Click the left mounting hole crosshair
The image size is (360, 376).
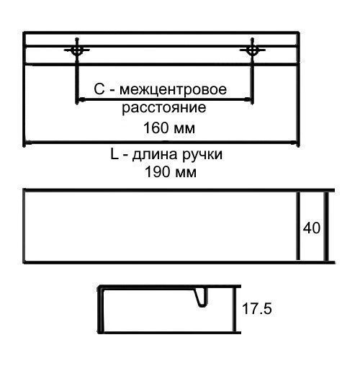(77, 50)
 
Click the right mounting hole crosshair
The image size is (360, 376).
(252, 50)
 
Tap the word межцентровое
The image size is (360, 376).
(173, 89)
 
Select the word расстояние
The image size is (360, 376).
(164, 108)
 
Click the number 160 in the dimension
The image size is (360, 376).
(156, 127)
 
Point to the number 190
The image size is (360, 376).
(157, 172)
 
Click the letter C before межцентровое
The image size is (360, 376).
(99, 89)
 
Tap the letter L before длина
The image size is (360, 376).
(114, 154)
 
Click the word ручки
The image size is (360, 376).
(202, 155)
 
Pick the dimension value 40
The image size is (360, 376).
(312, 228)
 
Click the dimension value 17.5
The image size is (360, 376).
(257, 308)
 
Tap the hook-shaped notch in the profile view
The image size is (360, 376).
(202, 297)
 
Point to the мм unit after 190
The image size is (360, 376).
(186, 174)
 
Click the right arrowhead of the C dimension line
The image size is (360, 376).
(248, 99)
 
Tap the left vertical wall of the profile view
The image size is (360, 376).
(101, 309)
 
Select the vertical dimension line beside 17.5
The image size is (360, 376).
(235, 309)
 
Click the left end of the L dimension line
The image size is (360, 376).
(26, 143)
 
